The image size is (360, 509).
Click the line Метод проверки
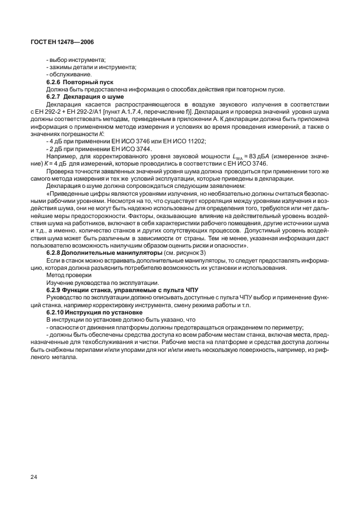[x=69, y=275]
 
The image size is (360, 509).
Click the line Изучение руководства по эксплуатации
[x=103, y=282]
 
